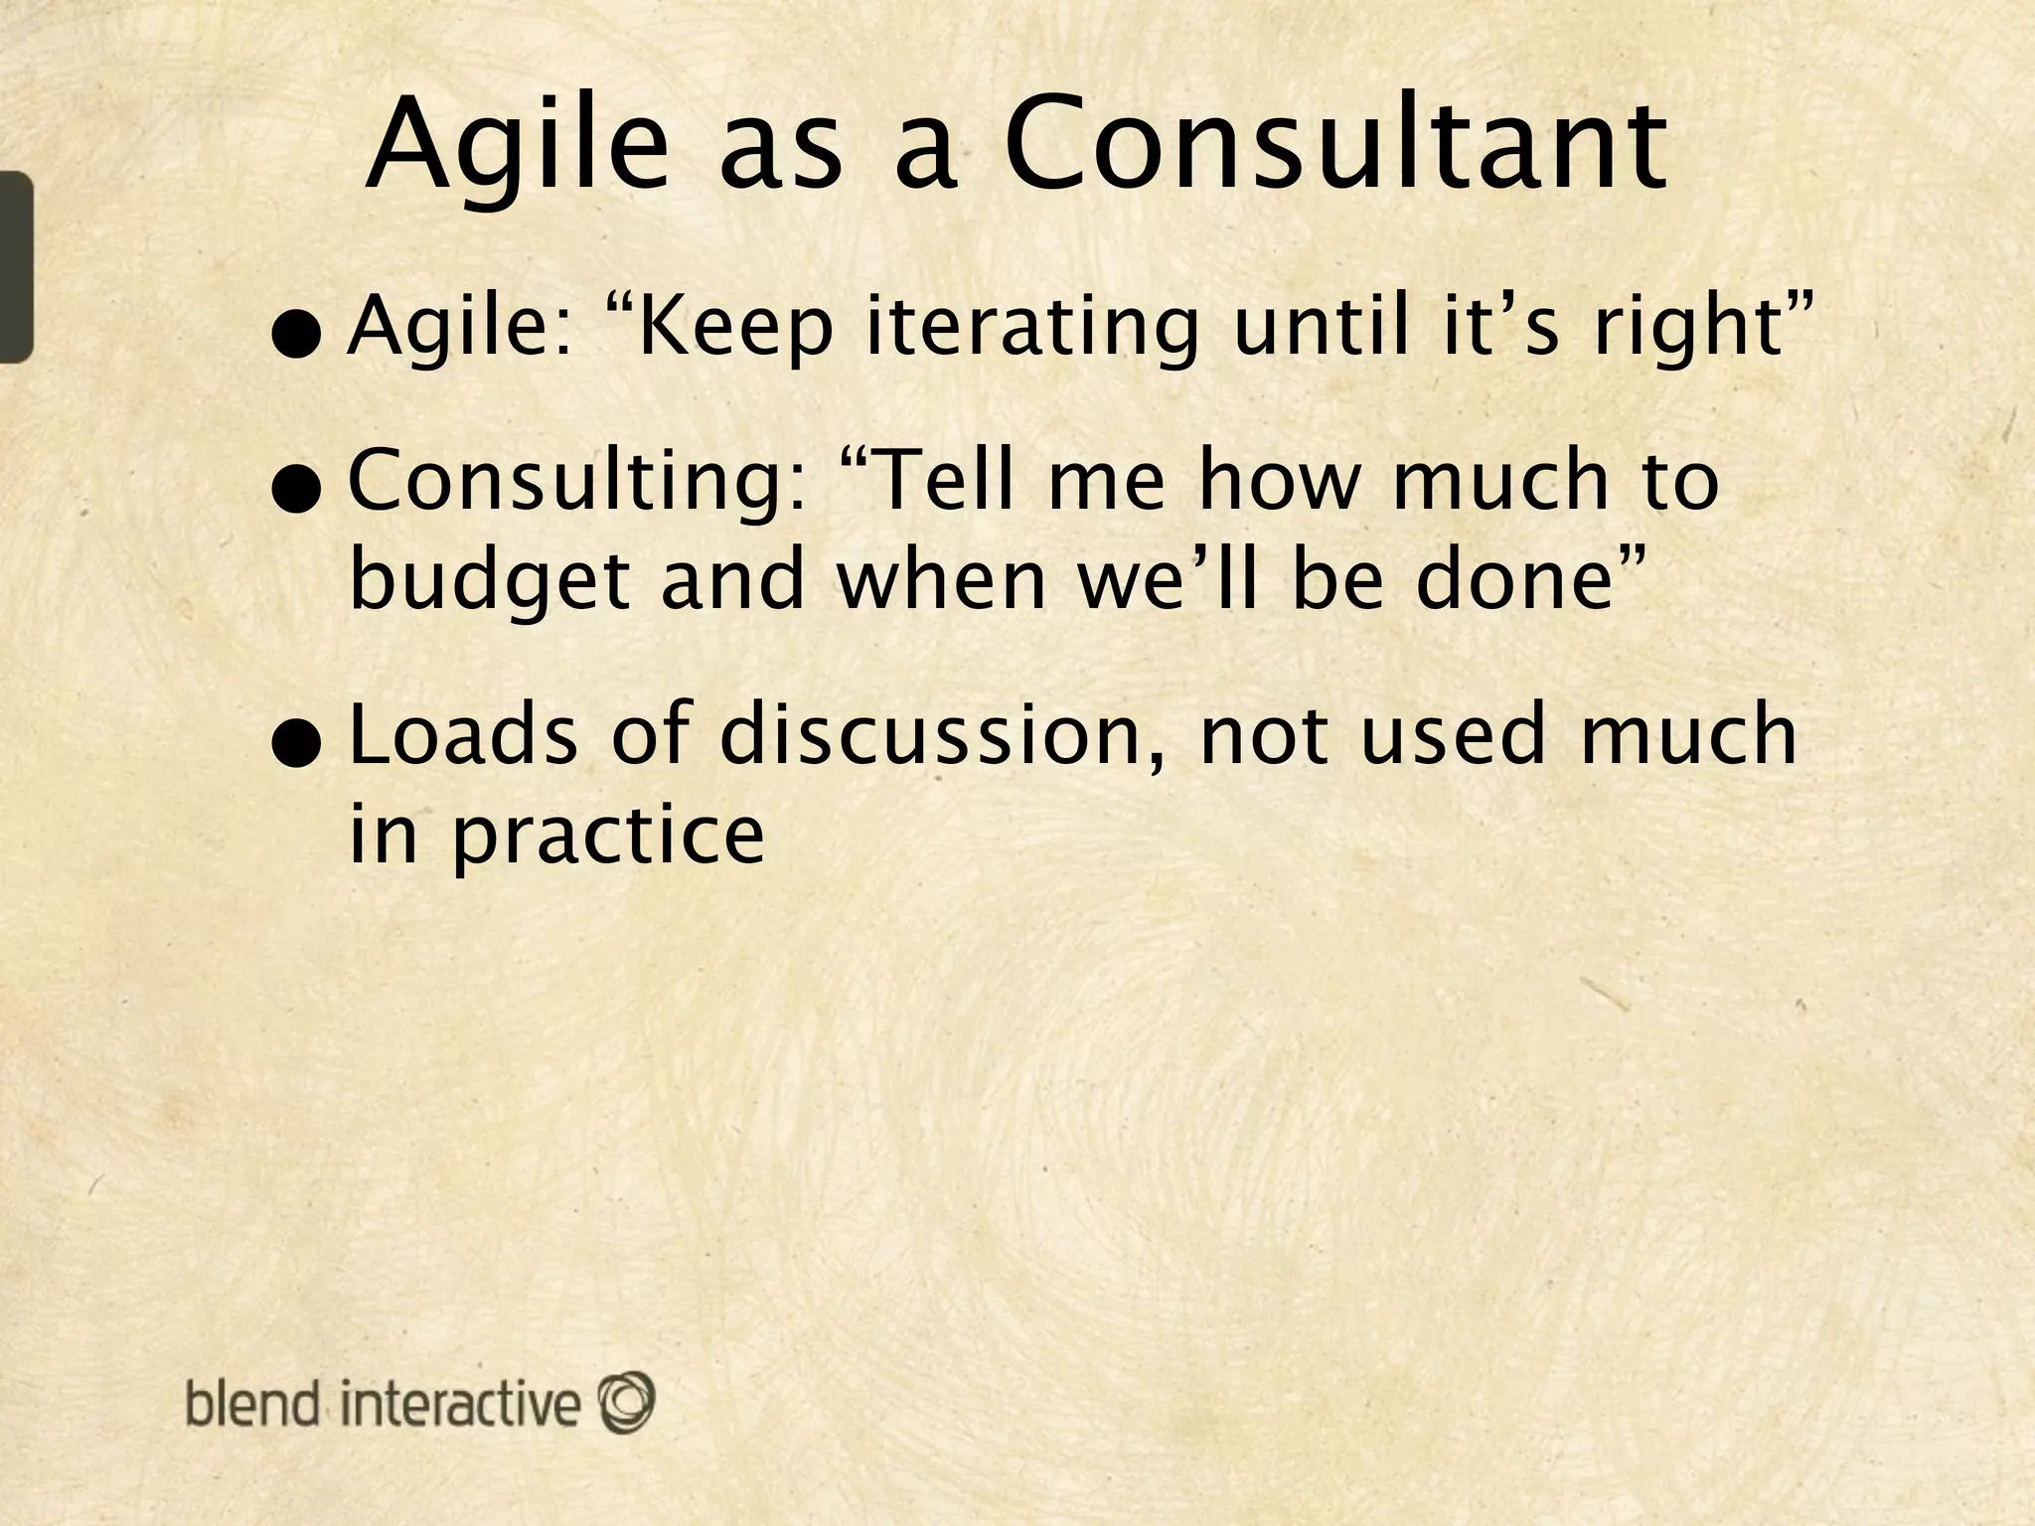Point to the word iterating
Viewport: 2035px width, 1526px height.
[1031, 328]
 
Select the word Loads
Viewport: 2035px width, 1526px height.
[464, 735]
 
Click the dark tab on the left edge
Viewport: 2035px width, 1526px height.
[15, 266]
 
